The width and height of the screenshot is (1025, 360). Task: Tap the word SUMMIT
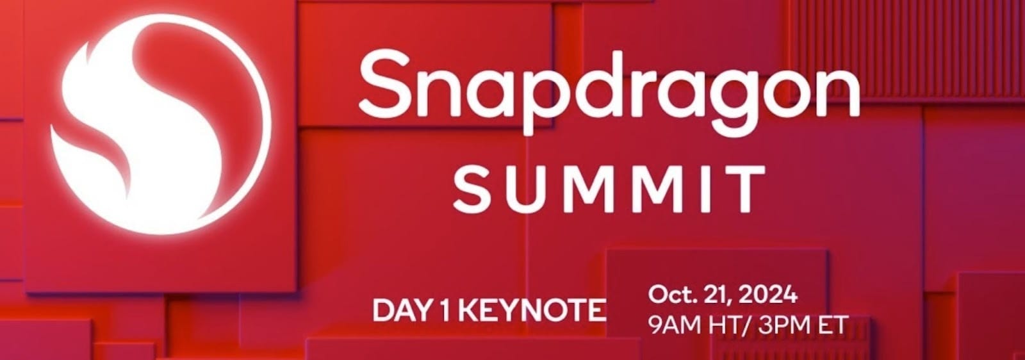click(x=609, y=188)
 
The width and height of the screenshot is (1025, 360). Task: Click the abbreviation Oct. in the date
click(x=668, y=295)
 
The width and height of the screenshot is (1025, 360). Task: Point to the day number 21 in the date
click(x=716, y=296)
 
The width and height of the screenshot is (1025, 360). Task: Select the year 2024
click(x=769, y=295)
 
